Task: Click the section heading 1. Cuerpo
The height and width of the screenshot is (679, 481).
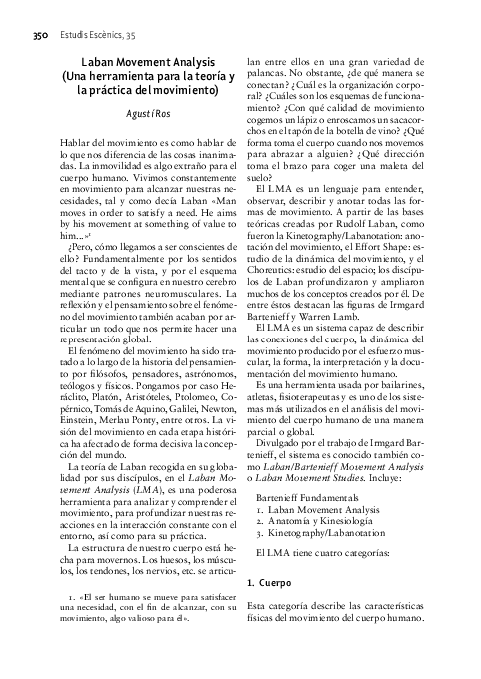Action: point(267,580)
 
